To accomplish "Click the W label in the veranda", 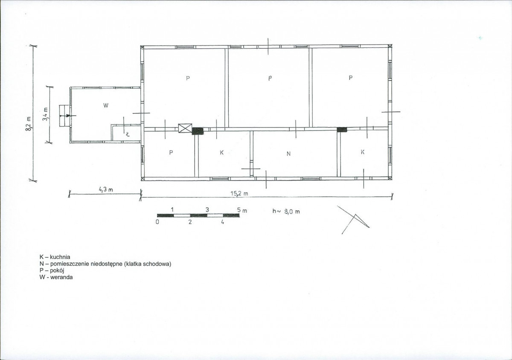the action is pyautogui.click(x=106, y=105).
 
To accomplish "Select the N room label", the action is pyautogui.click(x=288, y=154).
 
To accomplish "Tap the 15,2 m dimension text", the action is pyautogui.click(x=239, y=194).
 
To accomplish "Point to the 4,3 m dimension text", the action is pyautogui.click(x=106, y=189).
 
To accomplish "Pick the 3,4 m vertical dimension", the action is pyautogui.click(x=46, y=114).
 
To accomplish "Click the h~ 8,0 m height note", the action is pyautogui.click(x=286, y=212).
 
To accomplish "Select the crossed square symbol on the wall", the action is pyautogui.click(x=185, y=128).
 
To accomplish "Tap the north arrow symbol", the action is pyautogui.click(x=353, y=220).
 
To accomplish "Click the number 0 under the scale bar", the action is pyautogui.click(x=157, y=222).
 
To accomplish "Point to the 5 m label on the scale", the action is pyautogui.click(x=242, y=210).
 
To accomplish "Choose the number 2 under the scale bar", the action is pyautogui.click(x=190, y=222).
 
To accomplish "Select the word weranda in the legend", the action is pyautogui.click(x=62, y=277).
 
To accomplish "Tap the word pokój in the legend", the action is pyautogui.click(x=57, y=270).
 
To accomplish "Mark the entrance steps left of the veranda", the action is pyautogui.click(x=64, y=116).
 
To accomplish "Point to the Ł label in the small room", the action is pyautogui.click(x=128, y=134).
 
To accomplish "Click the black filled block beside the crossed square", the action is pyautogui.click(x=198, y=131).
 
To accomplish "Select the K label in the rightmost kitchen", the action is pyautogui.click(x=362, y=152).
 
